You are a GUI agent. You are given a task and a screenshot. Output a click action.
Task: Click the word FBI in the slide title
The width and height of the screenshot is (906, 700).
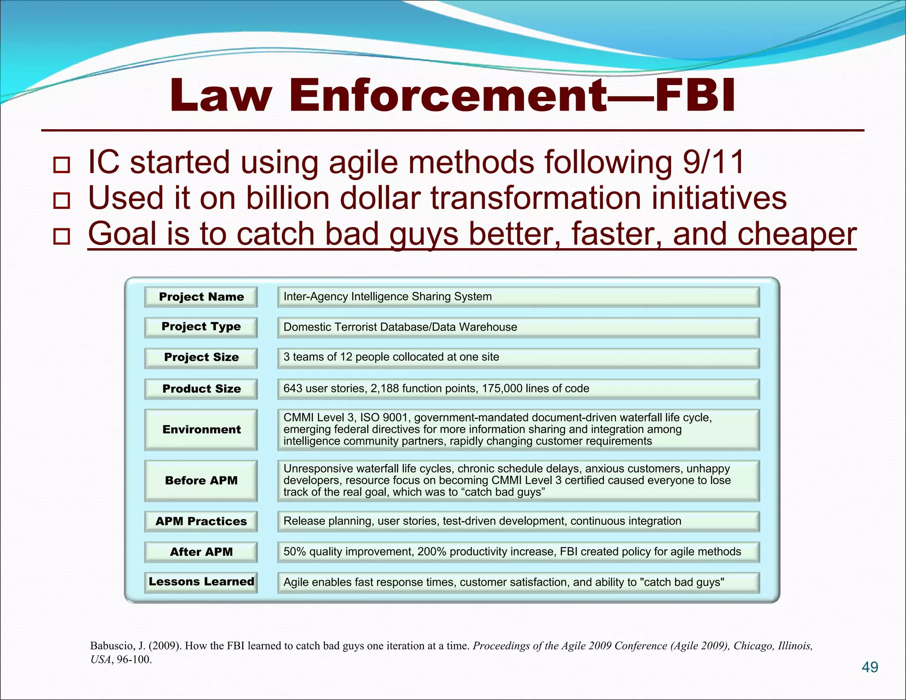695,96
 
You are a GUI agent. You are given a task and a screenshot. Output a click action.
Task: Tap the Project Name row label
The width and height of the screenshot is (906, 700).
201,297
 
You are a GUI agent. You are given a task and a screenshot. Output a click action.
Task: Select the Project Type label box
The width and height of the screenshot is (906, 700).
201,327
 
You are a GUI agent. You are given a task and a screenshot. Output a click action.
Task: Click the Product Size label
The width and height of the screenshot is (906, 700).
201,389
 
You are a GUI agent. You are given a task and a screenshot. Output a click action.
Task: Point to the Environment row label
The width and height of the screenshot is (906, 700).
201,430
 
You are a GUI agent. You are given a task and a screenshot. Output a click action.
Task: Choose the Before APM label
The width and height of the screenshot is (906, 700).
201,481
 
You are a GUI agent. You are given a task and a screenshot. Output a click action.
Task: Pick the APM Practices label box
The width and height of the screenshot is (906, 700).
201,521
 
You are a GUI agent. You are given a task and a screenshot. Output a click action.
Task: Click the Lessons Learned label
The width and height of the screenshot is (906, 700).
201,582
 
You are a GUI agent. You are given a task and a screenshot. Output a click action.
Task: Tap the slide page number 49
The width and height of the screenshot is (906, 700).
870,667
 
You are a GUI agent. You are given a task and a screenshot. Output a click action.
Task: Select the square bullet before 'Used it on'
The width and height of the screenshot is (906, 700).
61,200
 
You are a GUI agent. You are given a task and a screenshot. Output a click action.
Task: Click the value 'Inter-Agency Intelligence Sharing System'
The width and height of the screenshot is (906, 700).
388,296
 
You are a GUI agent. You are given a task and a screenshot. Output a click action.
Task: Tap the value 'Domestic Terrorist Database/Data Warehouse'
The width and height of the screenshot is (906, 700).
400,327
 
